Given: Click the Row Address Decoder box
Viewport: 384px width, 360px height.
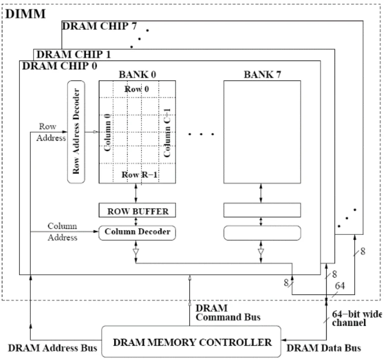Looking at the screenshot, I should click(x=76, y=132).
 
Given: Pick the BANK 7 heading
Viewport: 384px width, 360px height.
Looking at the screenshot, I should click(x=262, y=75).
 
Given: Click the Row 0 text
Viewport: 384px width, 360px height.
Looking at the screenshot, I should click(x=136, y=89).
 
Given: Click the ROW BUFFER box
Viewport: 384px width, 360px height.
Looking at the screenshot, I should click(x=137, y=210).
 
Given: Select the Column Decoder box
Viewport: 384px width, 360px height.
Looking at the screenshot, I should click(x=137, y=232).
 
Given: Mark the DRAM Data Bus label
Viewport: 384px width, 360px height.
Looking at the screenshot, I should click(x=324, y=348).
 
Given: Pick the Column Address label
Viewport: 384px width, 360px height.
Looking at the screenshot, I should click(x=63, y=232).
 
